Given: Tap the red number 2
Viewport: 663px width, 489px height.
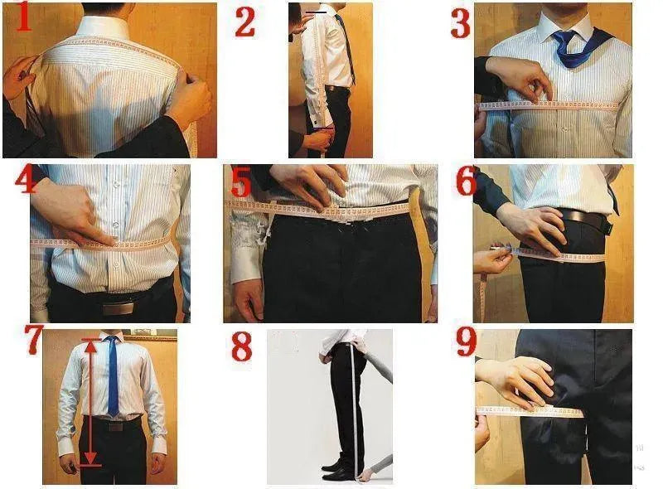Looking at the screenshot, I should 244,21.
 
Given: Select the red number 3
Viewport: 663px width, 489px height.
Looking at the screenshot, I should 461,23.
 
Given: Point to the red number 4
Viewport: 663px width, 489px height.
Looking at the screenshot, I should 25,180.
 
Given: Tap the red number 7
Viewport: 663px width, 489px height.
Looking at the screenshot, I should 33,341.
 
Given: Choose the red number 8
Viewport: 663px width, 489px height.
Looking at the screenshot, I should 241,346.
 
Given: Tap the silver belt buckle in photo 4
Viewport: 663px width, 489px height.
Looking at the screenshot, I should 118,307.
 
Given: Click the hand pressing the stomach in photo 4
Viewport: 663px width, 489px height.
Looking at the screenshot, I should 75,212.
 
